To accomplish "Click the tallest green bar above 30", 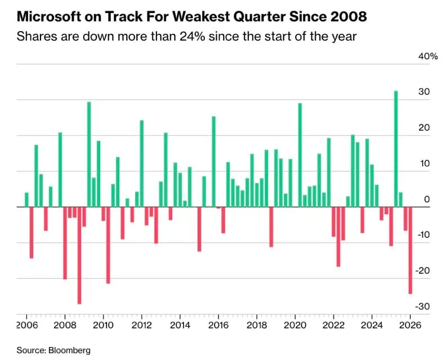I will point(396,149).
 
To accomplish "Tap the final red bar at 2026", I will point(411,250).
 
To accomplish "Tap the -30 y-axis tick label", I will point(423,306).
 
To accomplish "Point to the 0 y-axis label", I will point(427,199).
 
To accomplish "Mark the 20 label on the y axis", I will point(425,128).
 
